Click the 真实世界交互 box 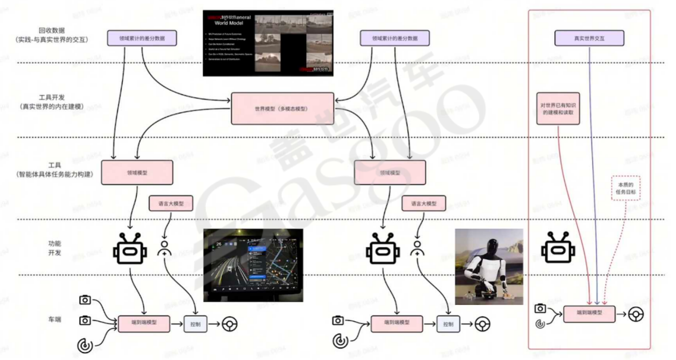(x=589, y=38)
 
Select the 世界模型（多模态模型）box (x=282, y=109)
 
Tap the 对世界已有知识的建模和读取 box (x=558, y=109)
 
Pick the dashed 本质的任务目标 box (x=626, y=188)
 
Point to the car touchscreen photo (x=253, y=265)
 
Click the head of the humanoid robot (x=493, y=245)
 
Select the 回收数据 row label (x=52, y=30)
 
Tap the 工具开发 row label (x=52, y=97)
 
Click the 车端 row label (x=55, y=319)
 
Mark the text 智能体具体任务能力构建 (x=55, y=175)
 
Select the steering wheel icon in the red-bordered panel (x=636, y=315)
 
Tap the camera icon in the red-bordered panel (x=540, y=308)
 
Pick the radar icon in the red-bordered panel (x=540, y=324)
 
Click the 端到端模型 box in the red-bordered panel (x=589, y=313)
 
